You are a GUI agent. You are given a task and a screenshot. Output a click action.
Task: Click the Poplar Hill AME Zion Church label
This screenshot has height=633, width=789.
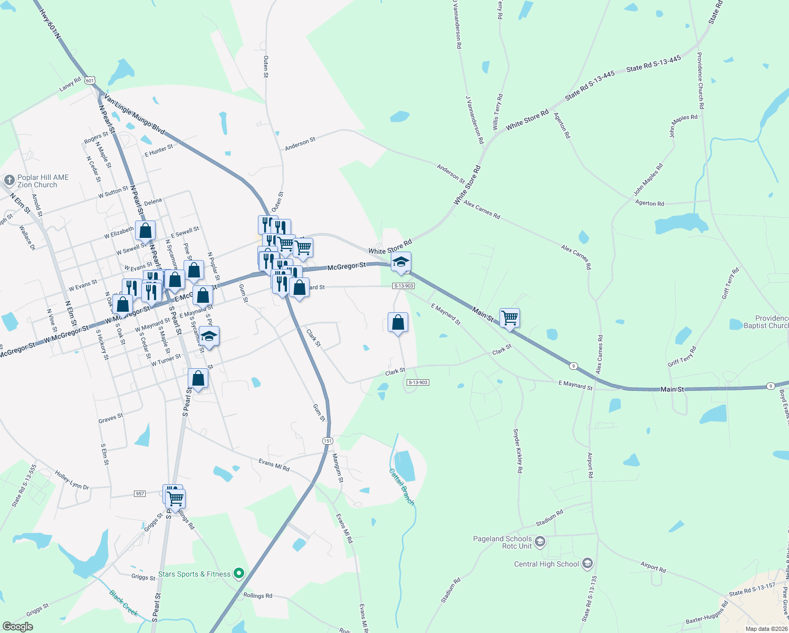point(43,181)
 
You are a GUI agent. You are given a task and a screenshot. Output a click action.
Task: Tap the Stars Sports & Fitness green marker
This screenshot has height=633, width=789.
point(239,573)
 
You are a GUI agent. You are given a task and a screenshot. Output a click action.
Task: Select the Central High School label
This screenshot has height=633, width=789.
point(546,564)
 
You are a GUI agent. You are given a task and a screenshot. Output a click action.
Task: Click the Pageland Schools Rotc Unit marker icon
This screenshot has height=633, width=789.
point(540,542)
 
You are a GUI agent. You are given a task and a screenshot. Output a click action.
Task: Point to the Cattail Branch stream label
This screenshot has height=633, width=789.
point(402,487)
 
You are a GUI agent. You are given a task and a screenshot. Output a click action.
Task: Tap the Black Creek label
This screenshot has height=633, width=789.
point(123,603)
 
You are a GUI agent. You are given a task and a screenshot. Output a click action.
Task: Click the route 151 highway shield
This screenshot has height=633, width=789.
point(328,440)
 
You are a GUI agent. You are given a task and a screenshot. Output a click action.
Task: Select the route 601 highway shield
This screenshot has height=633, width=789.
point(90,81)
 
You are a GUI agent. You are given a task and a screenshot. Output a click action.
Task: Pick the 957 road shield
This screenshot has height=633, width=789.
point(140,494)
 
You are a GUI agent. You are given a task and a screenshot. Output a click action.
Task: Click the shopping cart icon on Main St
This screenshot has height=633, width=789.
point(509,318)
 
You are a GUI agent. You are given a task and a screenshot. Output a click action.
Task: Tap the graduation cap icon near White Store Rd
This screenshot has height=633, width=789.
point(401,262)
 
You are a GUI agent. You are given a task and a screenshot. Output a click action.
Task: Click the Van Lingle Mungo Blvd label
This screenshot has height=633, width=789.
point(134,114)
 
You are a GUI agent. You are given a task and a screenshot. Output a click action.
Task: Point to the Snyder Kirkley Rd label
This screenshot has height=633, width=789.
point(518,450)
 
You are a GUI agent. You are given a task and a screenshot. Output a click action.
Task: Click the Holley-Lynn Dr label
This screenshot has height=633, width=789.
point(72,480)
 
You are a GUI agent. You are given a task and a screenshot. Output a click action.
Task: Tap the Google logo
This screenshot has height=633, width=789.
point(17,627)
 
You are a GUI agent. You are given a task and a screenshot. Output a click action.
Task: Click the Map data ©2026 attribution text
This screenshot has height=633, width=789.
point(765,629)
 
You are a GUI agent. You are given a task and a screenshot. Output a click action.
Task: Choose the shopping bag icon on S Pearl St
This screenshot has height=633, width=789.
point(198,378)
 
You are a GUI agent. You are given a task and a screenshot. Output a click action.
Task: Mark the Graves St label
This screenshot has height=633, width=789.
point(111,418)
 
